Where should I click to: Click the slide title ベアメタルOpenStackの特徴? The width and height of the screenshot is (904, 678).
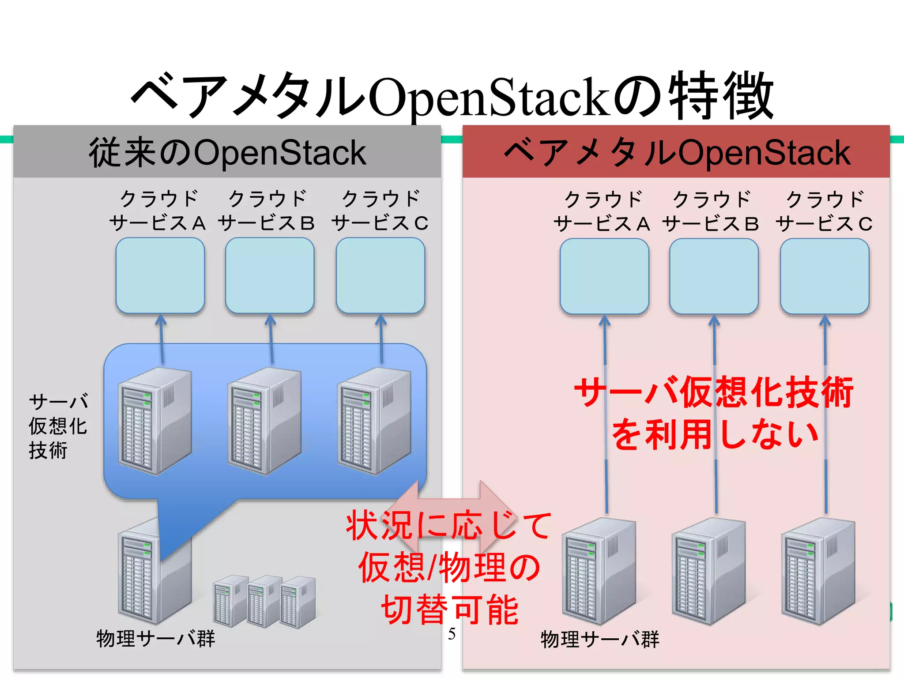452,96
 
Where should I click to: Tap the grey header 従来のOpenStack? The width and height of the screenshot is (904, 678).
227,152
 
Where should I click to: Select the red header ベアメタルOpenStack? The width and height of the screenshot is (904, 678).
676,152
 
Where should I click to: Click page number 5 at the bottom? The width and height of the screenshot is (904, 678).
452,634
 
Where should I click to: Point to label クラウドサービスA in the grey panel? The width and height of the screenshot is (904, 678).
158,211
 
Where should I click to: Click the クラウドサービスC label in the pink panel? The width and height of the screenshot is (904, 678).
824,211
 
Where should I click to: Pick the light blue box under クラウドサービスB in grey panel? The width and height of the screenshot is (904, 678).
270,275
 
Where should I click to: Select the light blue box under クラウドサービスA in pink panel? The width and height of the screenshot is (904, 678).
604,276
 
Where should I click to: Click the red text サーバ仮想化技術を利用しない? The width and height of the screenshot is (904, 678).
714,413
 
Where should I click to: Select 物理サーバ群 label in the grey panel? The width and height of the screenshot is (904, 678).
155,639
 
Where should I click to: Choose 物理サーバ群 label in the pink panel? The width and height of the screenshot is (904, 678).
600,639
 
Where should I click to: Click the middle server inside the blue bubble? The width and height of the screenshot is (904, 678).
264,422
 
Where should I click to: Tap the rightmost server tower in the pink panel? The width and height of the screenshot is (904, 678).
817,572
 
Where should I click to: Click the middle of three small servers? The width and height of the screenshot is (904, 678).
264,601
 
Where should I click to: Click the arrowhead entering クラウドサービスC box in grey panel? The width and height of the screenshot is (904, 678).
381,320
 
